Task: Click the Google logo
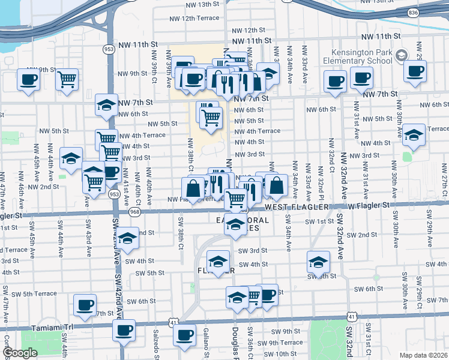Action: pyautogui.click(x=20, y=353)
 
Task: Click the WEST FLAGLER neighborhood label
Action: pyautogui.click(x=298, y=207)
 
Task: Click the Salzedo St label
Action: pyautogui.click(x=156, y=348)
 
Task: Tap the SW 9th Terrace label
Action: pyautogui.click(x=282, y=343)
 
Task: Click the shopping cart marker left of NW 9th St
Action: pyautogui.click(x=67, y=79)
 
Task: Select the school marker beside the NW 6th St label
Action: pyautogui.click(x=106, y=106)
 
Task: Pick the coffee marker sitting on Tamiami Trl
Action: pyautogui.click(x=124, y=330)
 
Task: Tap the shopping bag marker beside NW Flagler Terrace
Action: pyautogui.click(x=194, y=190)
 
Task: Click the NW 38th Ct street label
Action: pyautogui.click(x=190, y=152)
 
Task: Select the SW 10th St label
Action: pyautogui.click(x=276, y=354)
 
